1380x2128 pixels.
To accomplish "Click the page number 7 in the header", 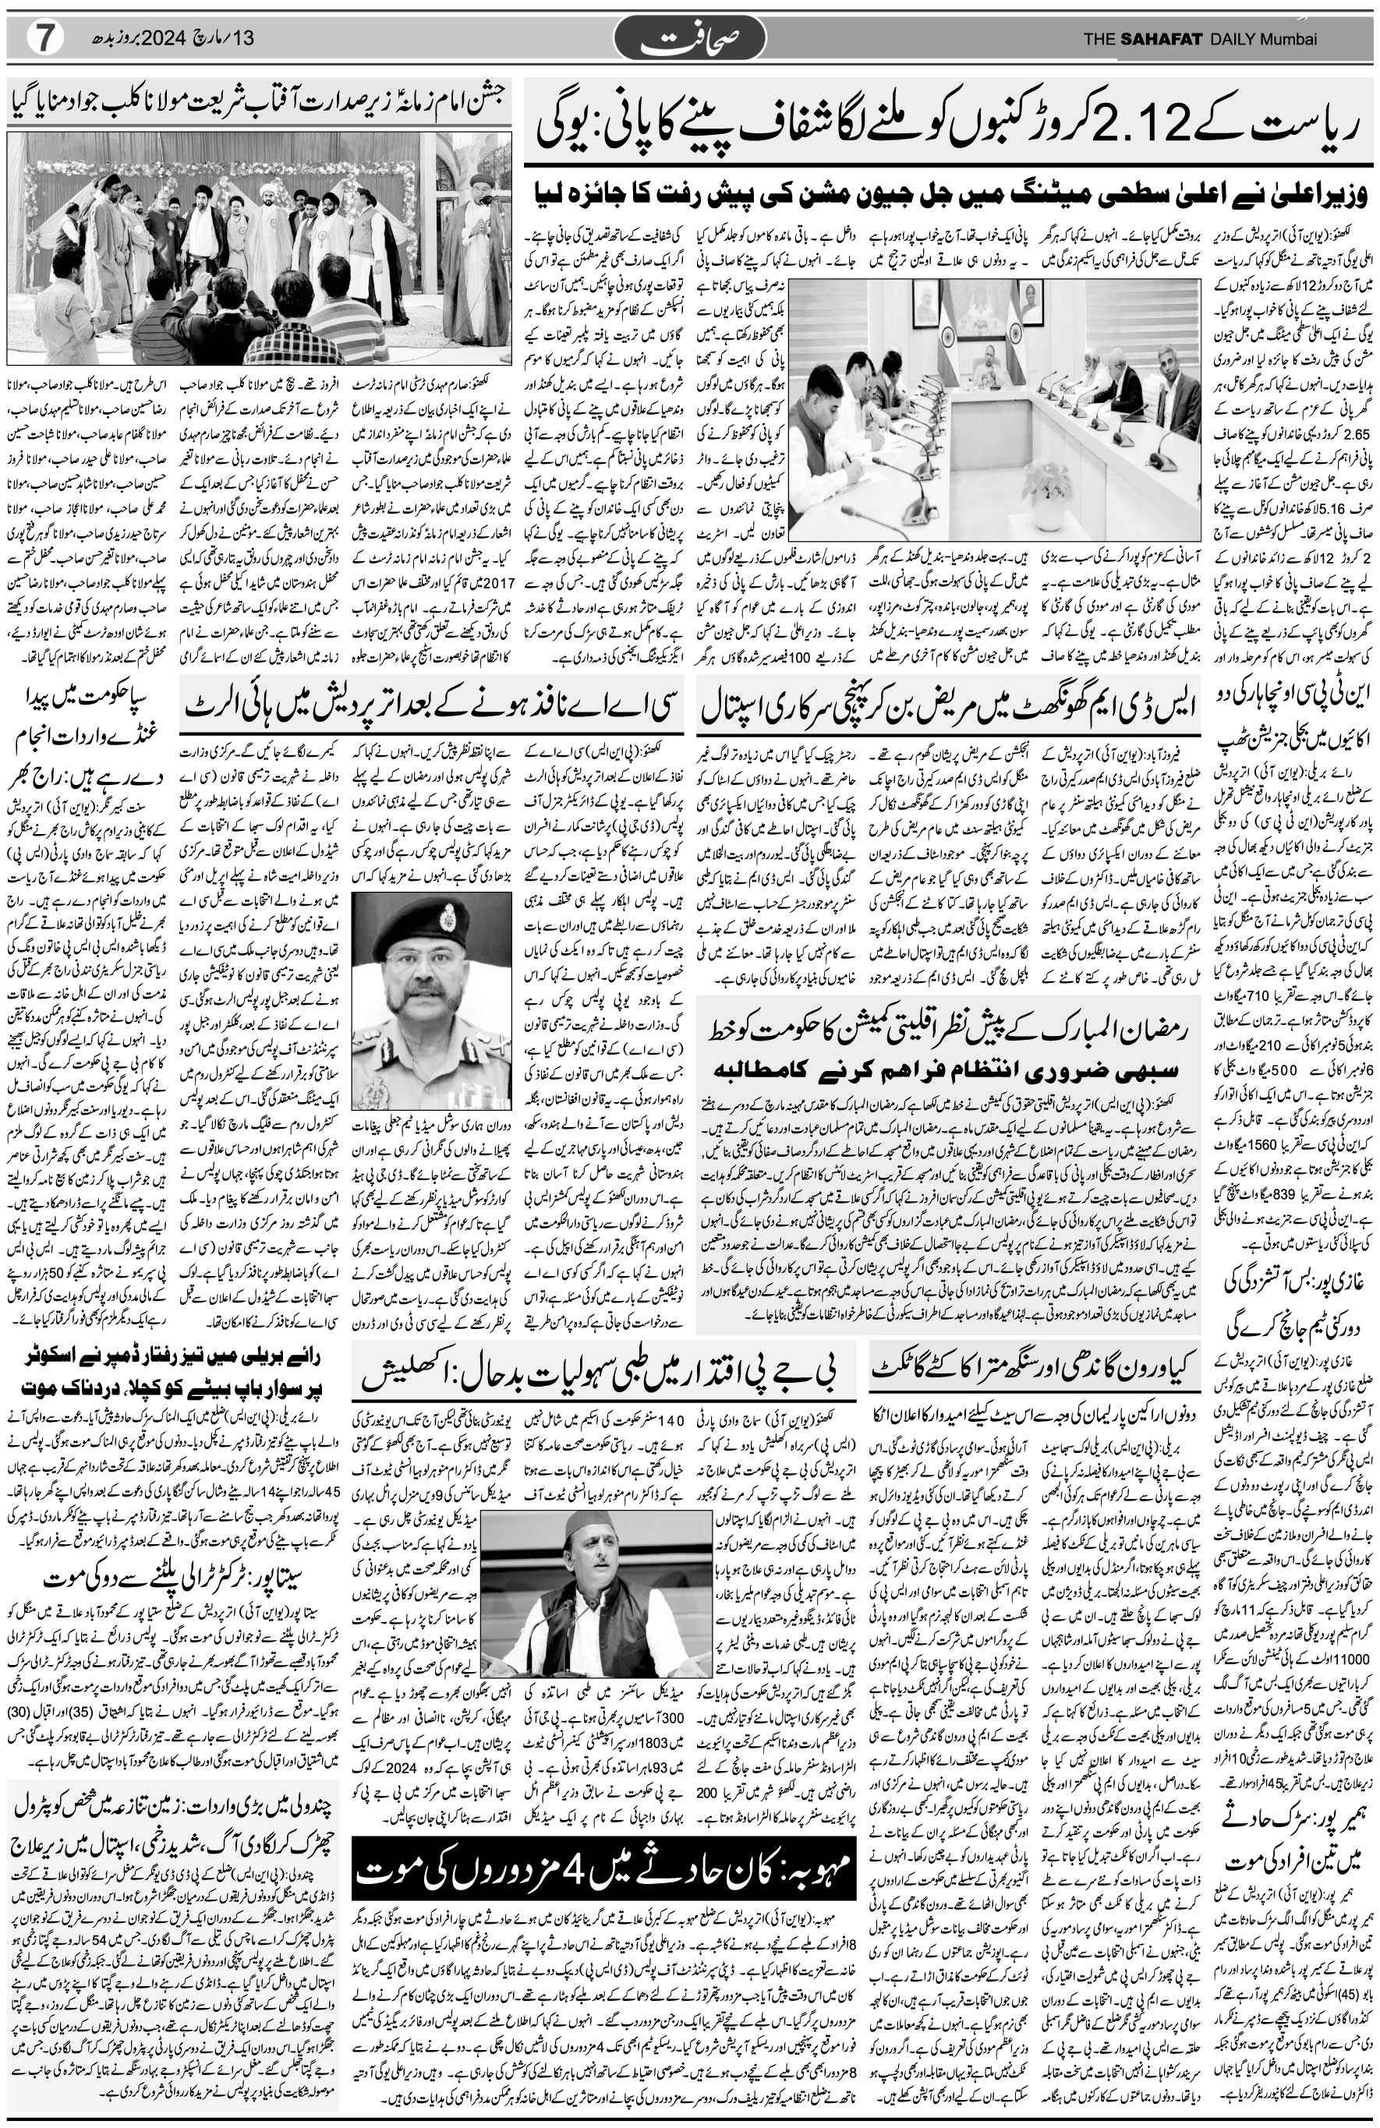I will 44,37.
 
